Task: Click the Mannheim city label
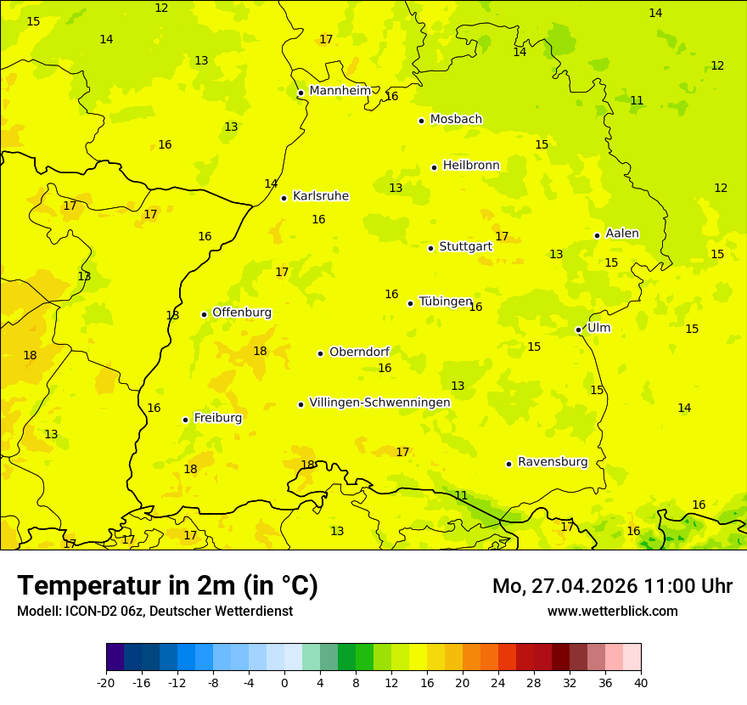coord(340,91)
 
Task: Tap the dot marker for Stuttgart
coord(431,248)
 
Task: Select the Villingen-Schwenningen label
coord(379,403)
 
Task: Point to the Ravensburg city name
coord(553,462)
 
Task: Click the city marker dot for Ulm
coord(579,330)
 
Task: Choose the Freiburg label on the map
coord(217,418)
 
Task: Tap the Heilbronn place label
coord(471,166)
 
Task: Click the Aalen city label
coord(622,234)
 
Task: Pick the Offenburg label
coord(242,313)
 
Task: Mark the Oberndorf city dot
coord(321,353)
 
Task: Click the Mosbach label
coord(456,120)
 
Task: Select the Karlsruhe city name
coord(320,196)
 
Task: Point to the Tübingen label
coord(446,302)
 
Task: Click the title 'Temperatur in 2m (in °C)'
coord(167,586)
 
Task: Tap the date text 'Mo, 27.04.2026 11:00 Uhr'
coord(612,586)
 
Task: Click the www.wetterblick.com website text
coord(612,611)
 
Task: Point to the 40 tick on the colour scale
coord(640,682)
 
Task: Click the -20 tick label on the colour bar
coord(106,682)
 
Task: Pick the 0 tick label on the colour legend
coord(284,682)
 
